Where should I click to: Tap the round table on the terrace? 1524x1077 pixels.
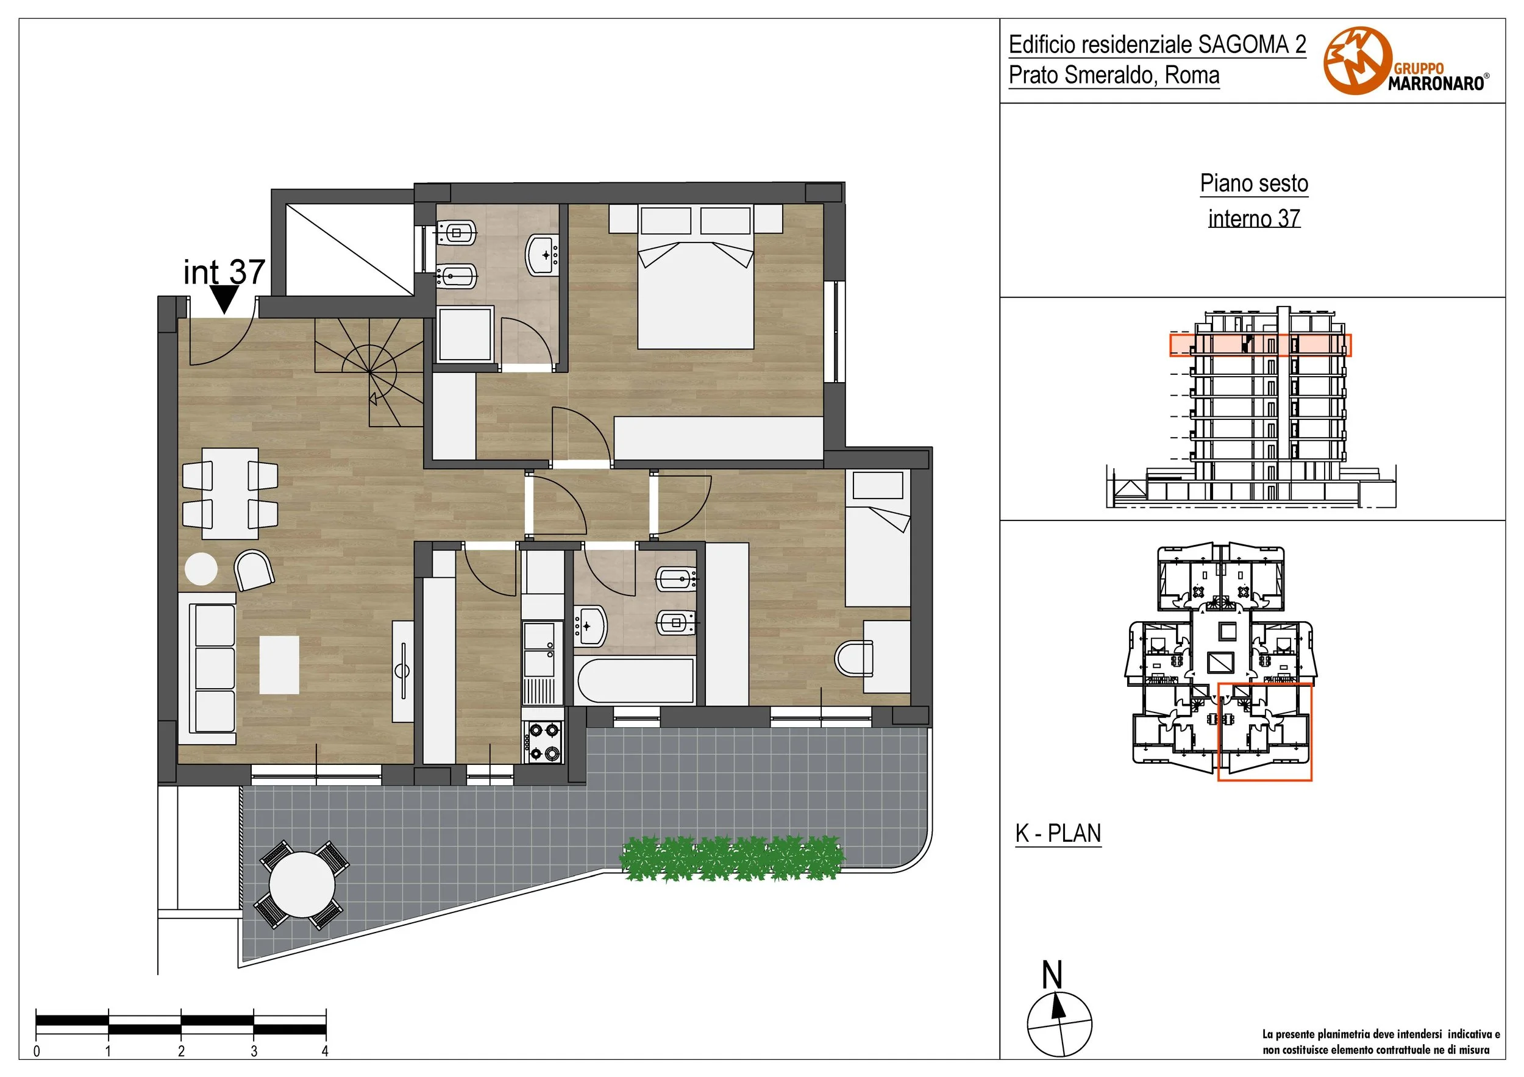pyautogui.click(x=302, y=885)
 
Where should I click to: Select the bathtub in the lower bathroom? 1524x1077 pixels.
pyautogui.click(x=636, y=681)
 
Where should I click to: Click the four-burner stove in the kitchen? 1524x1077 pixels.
pyautogui.click(x=544, y=742)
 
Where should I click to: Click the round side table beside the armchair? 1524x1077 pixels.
pyautogui.click(x=201, y=569)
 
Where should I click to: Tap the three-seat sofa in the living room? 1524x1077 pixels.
pyautogui.click(x=207, y=669)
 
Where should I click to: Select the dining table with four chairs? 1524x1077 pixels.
pyautogui.click(x=230, y=494)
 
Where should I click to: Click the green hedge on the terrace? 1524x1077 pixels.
pyautogui.click(x=732, y=859)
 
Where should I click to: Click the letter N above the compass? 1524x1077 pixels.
pyautogui.click(x=1052, y=975)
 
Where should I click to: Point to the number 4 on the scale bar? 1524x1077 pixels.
pyautogui.click(x=326, y=1051)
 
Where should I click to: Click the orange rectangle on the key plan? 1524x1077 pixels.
pyautogui.click(x=1264, y=731)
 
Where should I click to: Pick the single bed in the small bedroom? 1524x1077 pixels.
pyautogui.click(x=877, y=538)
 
